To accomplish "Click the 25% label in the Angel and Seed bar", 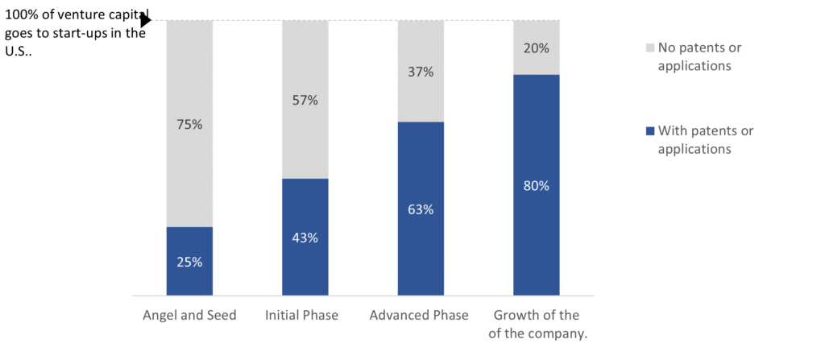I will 189,262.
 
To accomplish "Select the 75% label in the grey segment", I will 189,125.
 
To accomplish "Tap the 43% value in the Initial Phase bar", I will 305,238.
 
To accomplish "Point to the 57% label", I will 305,101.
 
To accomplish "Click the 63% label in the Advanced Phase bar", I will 421,209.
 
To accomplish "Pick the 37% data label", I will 421,72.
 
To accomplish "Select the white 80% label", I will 537,185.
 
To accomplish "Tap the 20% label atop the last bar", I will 537,48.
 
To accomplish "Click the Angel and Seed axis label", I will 189,315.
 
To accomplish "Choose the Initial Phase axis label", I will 305,315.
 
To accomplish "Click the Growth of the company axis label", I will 537,324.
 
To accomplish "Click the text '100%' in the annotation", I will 21,14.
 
